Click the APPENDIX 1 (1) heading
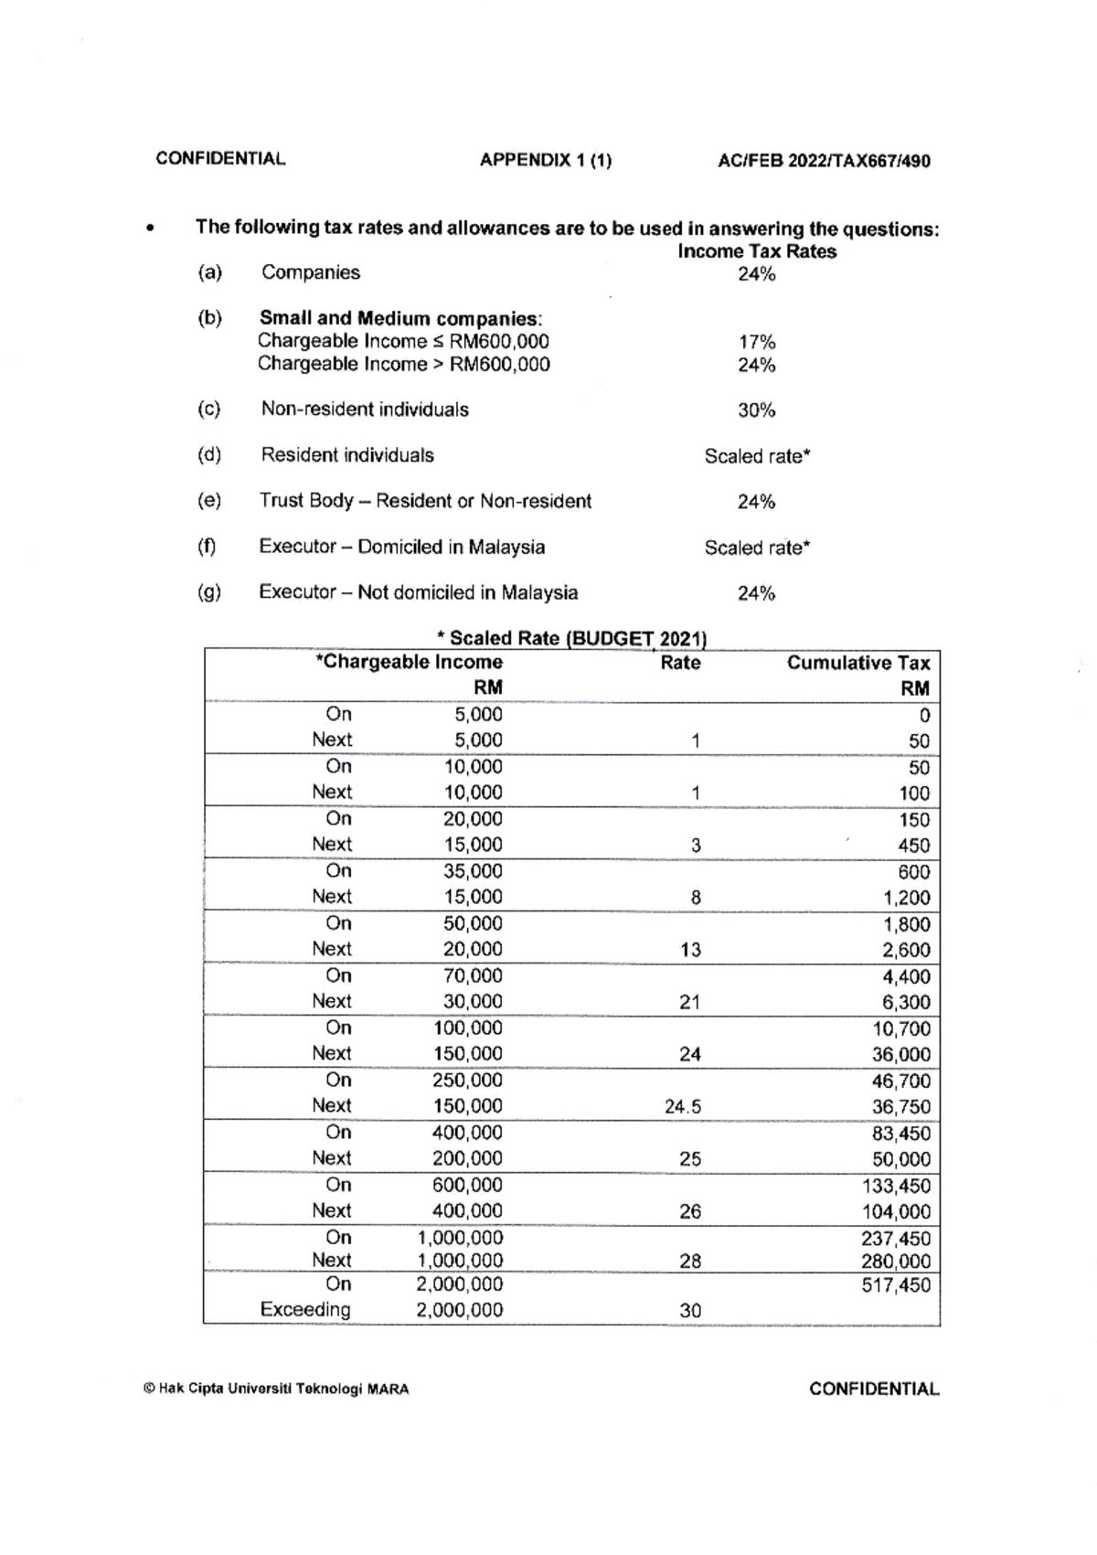(546, 161)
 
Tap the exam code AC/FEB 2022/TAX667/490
(824, 162)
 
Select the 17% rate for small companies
(757, 342)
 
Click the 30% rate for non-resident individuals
(757, 410)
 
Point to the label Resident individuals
(347, 455)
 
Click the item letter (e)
(209, 501)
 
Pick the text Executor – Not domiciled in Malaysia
(419, 592)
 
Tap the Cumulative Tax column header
(857, 664)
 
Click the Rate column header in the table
(680, 663)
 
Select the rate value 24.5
(683, 1107)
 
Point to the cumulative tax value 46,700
(900, 1081)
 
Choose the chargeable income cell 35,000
(473, 871)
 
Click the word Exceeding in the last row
(305, 1310)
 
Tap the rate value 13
(690, 951)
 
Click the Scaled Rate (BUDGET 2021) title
(572, 638)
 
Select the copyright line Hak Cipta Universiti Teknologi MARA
(276, 1390)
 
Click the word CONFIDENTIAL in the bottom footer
(873, 1390)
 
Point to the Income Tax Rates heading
(757, 251)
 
